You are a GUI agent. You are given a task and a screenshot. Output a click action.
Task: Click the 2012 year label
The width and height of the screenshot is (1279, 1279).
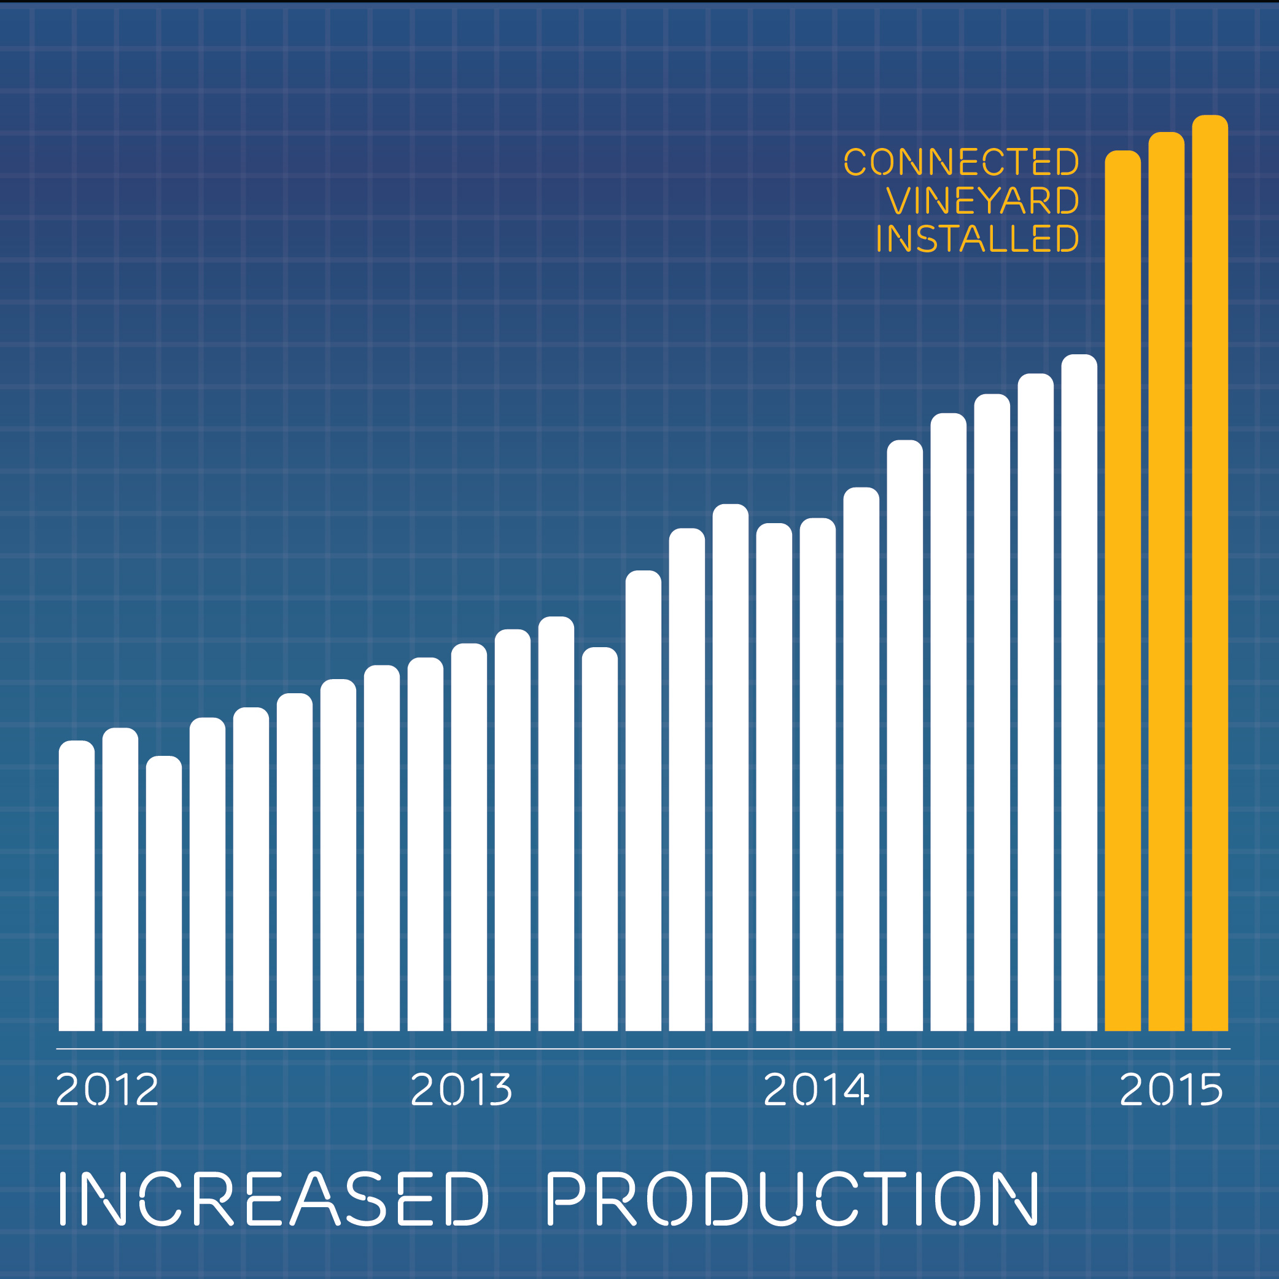[107, 1089]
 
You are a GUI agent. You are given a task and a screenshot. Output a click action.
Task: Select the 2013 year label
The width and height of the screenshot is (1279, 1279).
[461, 1089]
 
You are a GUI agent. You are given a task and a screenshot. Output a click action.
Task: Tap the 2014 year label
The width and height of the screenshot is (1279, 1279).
[815, 1089]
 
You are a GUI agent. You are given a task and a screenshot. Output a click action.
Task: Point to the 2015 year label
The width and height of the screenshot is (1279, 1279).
[1171, 1089]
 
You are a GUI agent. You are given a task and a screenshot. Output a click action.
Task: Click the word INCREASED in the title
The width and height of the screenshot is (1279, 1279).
[273, 1198]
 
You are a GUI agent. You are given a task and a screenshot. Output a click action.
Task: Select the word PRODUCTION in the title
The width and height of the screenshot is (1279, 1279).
[791, 1198]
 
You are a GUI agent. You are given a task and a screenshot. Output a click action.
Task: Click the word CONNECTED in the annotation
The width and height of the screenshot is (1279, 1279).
[961, 162]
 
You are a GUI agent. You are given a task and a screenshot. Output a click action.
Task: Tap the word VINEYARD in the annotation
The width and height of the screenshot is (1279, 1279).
[982, 201]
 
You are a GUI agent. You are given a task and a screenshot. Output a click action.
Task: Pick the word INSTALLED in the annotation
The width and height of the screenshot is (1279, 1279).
[978, 238]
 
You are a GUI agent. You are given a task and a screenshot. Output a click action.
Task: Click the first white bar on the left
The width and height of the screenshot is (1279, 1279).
[77, 887]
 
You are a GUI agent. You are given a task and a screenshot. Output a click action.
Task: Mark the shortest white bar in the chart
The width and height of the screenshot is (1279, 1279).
[164, 894]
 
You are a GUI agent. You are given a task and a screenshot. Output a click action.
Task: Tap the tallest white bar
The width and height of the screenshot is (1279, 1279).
[1079, 695]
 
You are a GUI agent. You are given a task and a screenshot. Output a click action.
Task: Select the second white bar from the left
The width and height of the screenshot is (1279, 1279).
[120, 881]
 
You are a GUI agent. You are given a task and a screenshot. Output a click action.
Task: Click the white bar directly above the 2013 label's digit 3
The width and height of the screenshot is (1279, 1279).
[512, 828]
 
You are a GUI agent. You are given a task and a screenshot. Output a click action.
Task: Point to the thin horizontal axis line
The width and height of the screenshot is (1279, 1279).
[642, 1049]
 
